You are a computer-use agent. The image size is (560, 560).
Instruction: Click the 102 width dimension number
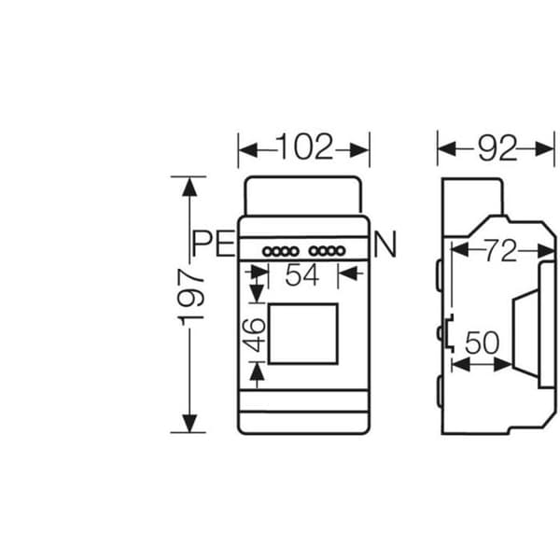[x=304, y=147]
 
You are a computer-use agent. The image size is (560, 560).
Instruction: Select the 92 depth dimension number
[x=497, y=147]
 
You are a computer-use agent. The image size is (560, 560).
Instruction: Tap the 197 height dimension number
[x=190, y=297]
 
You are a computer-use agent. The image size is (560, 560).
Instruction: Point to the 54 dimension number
[x=301, y=275]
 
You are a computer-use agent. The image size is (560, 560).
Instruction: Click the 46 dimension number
[x=254, y=335]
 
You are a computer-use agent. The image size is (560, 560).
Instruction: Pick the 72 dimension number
[x=500, y=251]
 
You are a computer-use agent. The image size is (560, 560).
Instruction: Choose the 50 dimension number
[x=482, y=343]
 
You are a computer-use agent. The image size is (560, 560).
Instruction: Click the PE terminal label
[x=213, y=244]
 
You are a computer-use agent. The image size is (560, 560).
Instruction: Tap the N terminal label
[x=385, y=245]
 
